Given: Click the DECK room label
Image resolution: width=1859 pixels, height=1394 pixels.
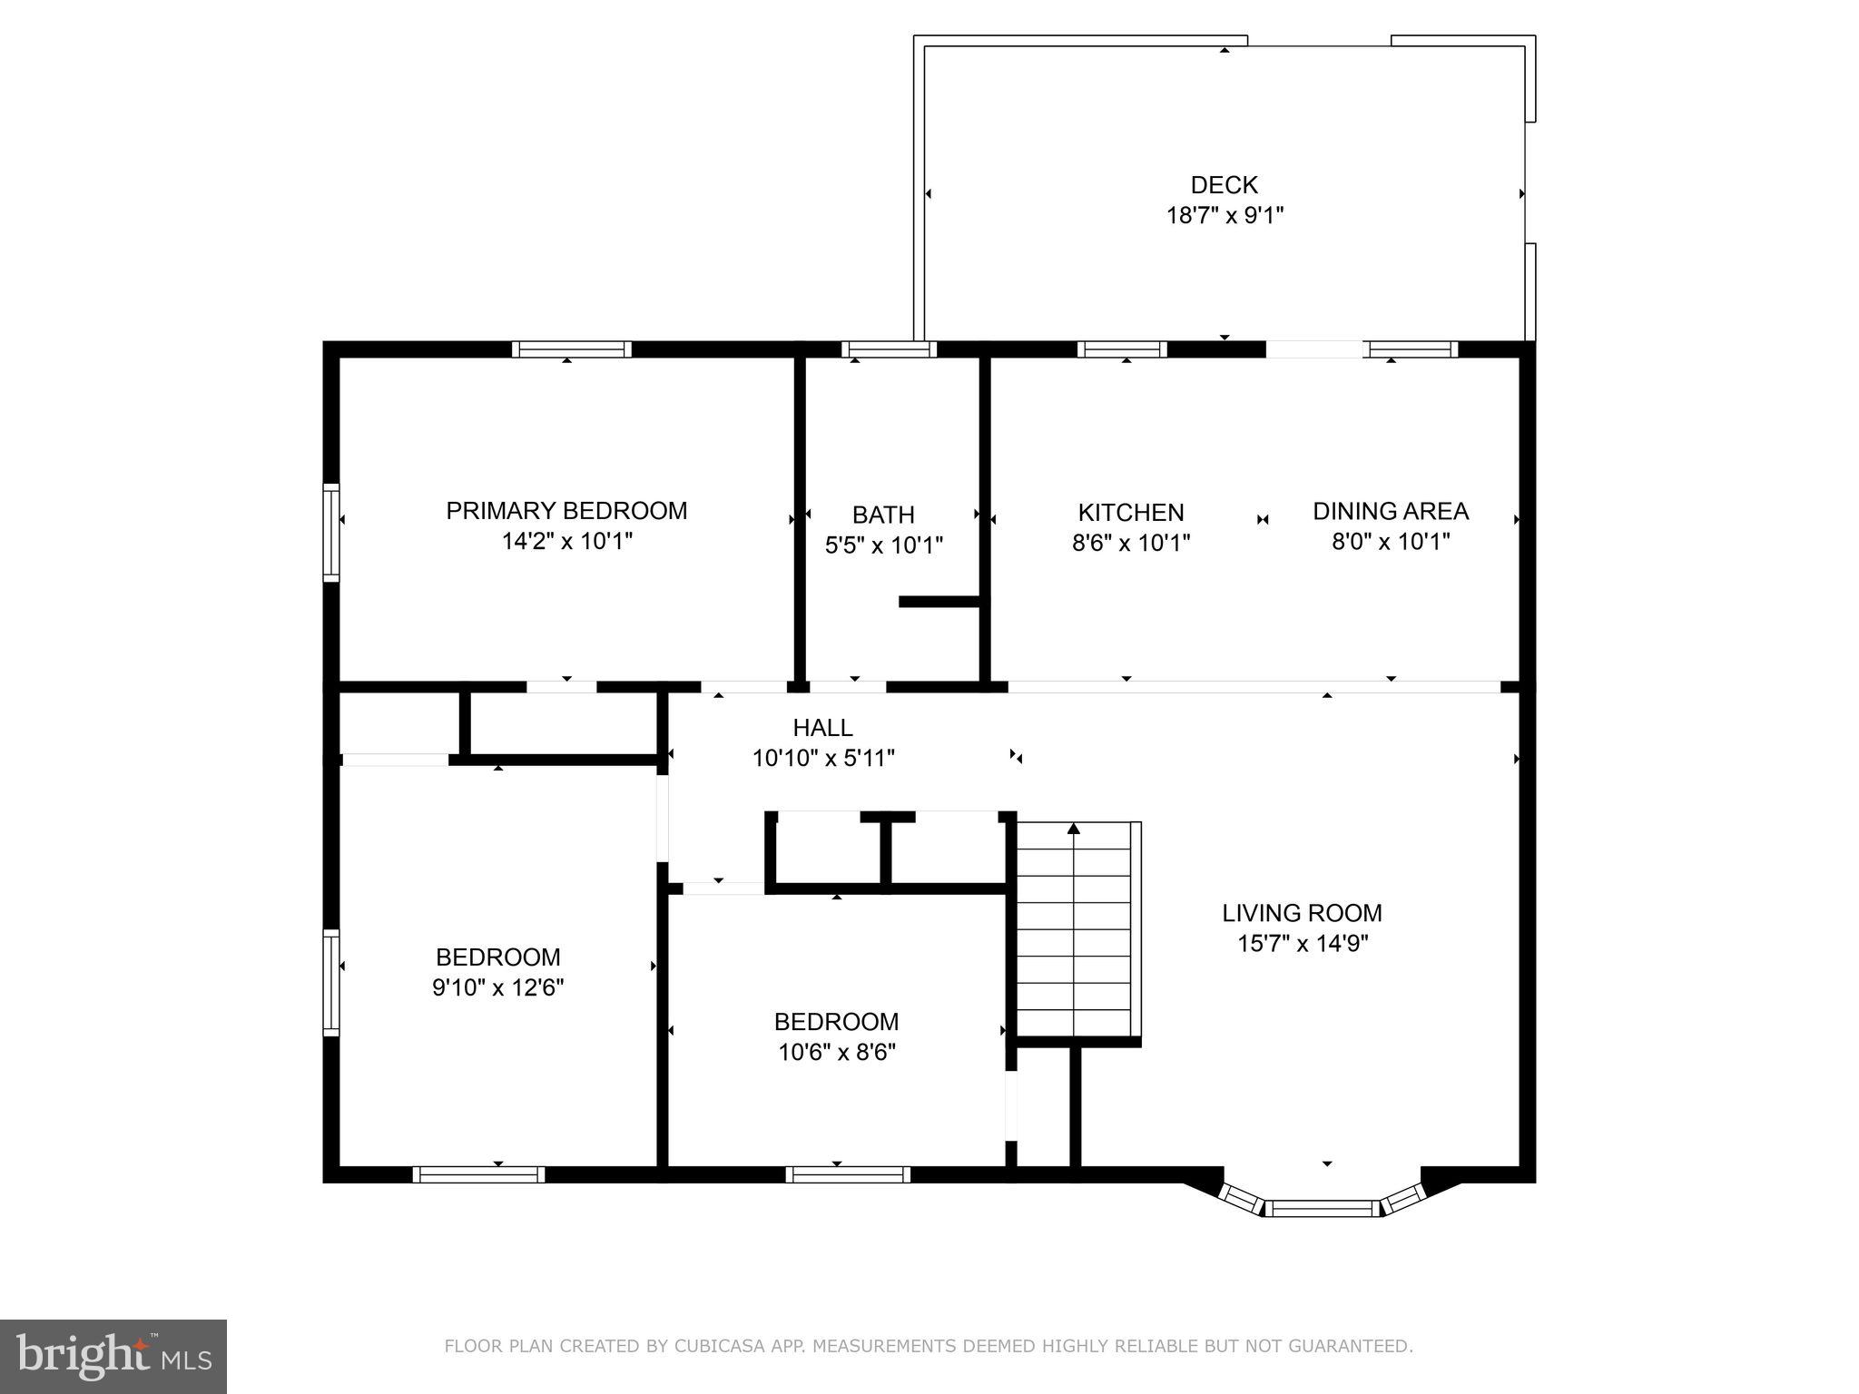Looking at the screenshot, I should click(x=1224, y=185).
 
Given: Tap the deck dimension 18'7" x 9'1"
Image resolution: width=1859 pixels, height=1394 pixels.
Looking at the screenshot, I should click(x=1224, y=216).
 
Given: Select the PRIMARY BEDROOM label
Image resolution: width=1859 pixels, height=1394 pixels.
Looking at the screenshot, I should click(x=566, y=511).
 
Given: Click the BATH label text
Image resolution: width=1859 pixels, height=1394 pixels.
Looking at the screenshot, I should click(x=882, y=515).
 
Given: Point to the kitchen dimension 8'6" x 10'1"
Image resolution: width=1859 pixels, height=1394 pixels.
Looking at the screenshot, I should click(x=1130, y=543).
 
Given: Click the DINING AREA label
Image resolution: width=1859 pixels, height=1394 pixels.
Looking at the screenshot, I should click(x=1390, y=511).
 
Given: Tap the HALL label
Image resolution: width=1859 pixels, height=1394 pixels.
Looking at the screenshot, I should click(x=822, y=728).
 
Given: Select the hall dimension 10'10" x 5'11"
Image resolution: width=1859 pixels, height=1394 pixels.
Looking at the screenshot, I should click(x=823, y=759).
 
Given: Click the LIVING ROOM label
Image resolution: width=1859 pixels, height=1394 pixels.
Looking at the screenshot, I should click(x=1302, y=913).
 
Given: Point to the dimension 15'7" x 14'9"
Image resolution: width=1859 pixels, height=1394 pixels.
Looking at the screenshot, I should click(x=1302, y=944).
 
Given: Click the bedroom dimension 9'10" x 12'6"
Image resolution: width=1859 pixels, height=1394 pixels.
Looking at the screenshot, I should click(x=497, y=987).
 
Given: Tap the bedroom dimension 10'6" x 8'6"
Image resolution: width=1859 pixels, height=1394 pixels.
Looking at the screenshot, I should click(x=836, y=1053).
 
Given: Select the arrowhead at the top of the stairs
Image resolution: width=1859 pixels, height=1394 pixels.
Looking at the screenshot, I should click(x=1074, y=828).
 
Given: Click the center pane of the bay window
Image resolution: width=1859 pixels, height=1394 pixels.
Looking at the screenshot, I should click(x=1322, y=1208).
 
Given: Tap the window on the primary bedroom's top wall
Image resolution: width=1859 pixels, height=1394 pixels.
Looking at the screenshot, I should click(x=571, y=349).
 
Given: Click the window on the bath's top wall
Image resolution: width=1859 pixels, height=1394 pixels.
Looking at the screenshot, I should click(x=889, y=349).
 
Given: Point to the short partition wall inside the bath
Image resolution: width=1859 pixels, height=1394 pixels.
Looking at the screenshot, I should click(x=939, y=601).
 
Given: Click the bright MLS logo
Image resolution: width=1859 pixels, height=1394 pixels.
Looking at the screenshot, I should click(x=113, y=1356).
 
